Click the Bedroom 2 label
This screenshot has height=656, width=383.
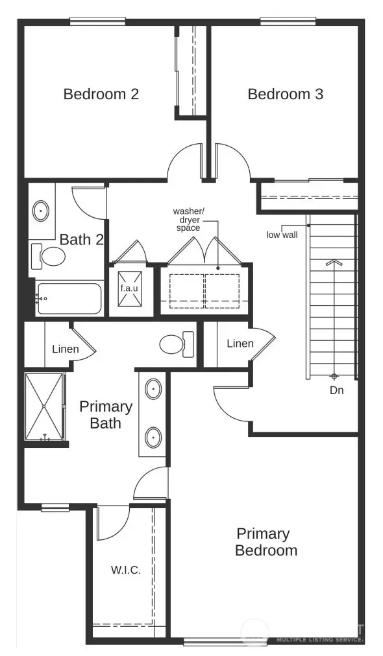pyautogui.click(x=101, y=94)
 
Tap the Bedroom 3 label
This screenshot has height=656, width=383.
pyautogui.click(x=285, y=94)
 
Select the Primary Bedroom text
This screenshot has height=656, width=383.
pyautogui.click(x=266, y=542)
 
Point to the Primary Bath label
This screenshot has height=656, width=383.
pyautogui.click(x=105, y=415)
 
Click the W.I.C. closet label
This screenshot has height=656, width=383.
pyautogui.click(x=125, y=570)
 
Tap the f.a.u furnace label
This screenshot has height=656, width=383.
pyautogui.click(x=129, y=287)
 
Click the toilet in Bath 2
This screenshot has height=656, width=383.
pyautogui.click(x=49, y=256)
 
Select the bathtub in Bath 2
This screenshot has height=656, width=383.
pyautogui.click(x=70, y=299)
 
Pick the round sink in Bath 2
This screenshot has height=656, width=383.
pyautogui.click(x=42, y=211)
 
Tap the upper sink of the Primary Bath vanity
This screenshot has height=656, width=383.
pyautogui.click(x=153, y=390)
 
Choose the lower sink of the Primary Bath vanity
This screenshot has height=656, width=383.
pyautogui.click(x=153, y=437)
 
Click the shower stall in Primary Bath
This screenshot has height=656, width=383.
pyautogui.click(x=44, y=406)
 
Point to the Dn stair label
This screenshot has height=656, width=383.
pyautogui.click(x=336, y=390)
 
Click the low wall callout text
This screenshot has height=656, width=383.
pyautogui.click(x=282, y=235)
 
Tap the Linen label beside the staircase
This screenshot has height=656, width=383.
pyautogui.click(x=240, y=343)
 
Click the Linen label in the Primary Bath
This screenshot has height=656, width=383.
pyautogui.click(x=66, y=349)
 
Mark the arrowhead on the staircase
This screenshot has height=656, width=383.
pyautogui.click(x=334, y=263)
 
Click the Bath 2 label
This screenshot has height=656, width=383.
pyautogui.click(x=81, y=239)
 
